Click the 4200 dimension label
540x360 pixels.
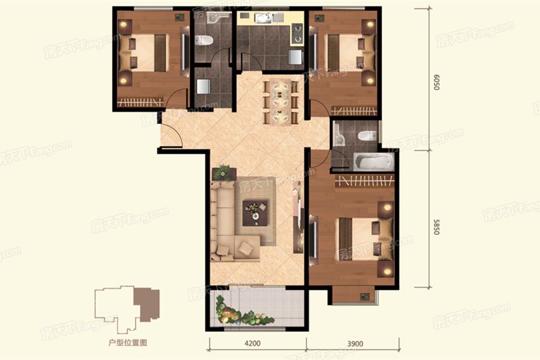[x=253, y=343]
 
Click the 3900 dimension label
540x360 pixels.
[x=355, y=343]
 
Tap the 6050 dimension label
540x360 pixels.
[x=436, y=82]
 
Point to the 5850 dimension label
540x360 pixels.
[x=436, y=227]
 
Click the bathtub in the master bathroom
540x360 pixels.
[x=374, y=161]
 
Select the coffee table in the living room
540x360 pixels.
[x=255, y=213]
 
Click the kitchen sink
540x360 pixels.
[x=264, y=17]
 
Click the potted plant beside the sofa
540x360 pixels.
[x=224, y=172]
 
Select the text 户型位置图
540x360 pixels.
[x=128, y=343]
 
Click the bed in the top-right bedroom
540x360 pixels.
[x=350, y=52]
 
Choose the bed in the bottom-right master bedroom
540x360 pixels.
[x=365, y=239]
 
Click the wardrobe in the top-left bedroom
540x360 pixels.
[x=140, y=103]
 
